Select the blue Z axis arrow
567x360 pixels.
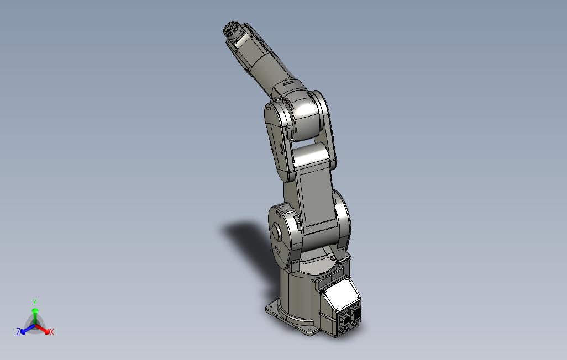click(x=28, y=329)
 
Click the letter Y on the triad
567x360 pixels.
click(x=35, y=302)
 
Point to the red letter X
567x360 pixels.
click(x=52, y=332)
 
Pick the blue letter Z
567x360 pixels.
click(x=18, y=331)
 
